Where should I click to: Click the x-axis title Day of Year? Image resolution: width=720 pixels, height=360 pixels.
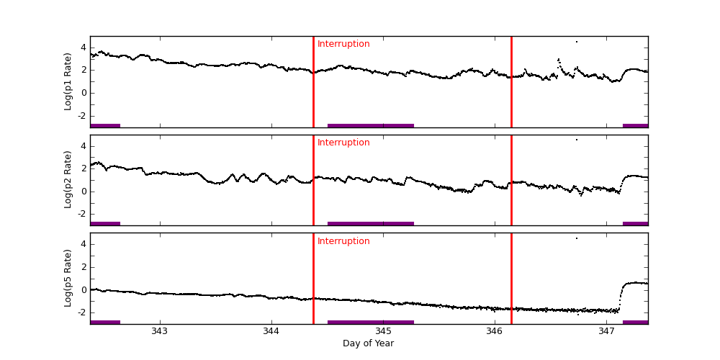click(368, 343)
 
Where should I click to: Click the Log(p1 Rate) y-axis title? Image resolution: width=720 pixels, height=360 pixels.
click(68, 81)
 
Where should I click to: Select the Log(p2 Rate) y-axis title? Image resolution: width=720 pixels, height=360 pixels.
click(68, 180)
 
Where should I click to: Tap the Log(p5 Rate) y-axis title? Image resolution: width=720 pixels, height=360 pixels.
click(68, 278)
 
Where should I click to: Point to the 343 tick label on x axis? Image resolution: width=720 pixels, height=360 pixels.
click(160, 331)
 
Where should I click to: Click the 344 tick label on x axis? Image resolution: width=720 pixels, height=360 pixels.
click(271, 331)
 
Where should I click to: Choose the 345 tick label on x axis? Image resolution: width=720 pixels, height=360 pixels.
click(383, 331)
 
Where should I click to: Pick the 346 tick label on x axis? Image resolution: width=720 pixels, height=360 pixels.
click(495, 331)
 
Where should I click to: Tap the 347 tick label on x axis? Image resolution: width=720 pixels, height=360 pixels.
click(606, 331)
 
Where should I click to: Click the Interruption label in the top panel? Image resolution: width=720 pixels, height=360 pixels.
click(343, 45)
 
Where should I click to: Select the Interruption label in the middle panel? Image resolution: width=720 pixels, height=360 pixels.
click(343, 143)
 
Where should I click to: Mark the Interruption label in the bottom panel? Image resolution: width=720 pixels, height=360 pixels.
click(343, 241)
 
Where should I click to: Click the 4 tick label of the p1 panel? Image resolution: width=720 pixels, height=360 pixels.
click(83, 48)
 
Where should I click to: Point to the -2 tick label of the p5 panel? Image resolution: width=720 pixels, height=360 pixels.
click(81, 312)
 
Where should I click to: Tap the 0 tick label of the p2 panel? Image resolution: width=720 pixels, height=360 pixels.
click(83, 192)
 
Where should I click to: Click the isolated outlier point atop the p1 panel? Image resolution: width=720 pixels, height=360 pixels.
click(576, 42)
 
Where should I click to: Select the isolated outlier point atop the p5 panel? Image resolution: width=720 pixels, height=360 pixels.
click(576, 238)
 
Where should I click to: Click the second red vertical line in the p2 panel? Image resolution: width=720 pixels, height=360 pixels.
click(511, 180)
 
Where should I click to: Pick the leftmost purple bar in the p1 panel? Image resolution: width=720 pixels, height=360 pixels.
click(105, 125)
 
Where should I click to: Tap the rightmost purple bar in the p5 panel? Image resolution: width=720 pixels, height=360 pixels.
click(635, 322)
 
